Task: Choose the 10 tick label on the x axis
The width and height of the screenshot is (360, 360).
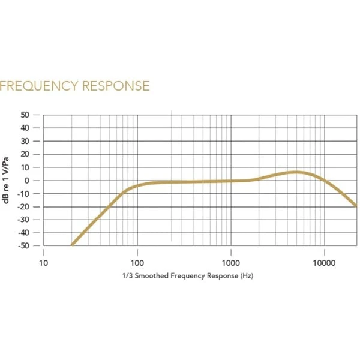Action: [x=44, y=263]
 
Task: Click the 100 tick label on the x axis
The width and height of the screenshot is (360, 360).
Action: [x=137, y=263]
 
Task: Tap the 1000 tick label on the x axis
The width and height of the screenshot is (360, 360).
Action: [x=231, y=263]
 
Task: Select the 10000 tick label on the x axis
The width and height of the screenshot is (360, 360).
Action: [x=324, y=263]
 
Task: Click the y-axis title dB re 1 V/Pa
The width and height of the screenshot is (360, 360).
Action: [x=7, y=180]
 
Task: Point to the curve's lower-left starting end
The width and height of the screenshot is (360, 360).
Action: [x=72, y=245]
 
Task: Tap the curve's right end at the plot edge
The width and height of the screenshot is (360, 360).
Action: [x=356, y=206]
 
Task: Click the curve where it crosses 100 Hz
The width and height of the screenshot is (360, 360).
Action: [x=137, y=185]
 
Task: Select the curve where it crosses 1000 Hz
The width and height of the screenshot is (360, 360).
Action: [x=231, y=181]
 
